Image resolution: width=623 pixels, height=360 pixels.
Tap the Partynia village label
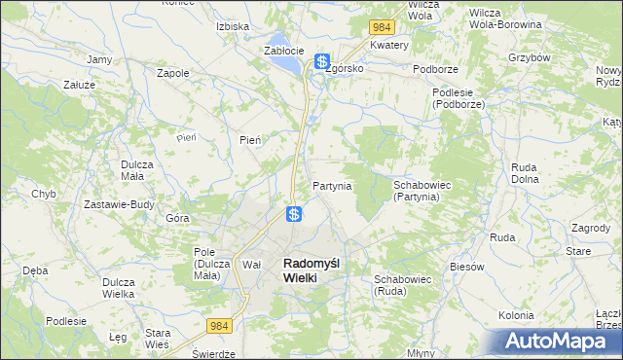332,185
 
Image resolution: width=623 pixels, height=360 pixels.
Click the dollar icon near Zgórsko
321,61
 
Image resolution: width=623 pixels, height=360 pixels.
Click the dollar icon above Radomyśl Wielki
293,213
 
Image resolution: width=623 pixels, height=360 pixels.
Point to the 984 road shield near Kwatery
380,25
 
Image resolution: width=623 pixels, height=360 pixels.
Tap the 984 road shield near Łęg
219,328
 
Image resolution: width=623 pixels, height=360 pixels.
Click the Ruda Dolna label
525,172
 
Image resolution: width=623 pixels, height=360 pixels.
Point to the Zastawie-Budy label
119,204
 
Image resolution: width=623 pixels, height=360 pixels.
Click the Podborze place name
435,69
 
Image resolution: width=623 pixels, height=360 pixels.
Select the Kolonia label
516,315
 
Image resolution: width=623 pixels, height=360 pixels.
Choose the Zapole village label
172,72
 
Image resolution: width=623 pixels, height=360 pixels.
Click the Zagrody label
592,227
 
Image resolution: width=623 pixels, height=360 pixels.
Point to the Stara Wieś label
157,338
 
